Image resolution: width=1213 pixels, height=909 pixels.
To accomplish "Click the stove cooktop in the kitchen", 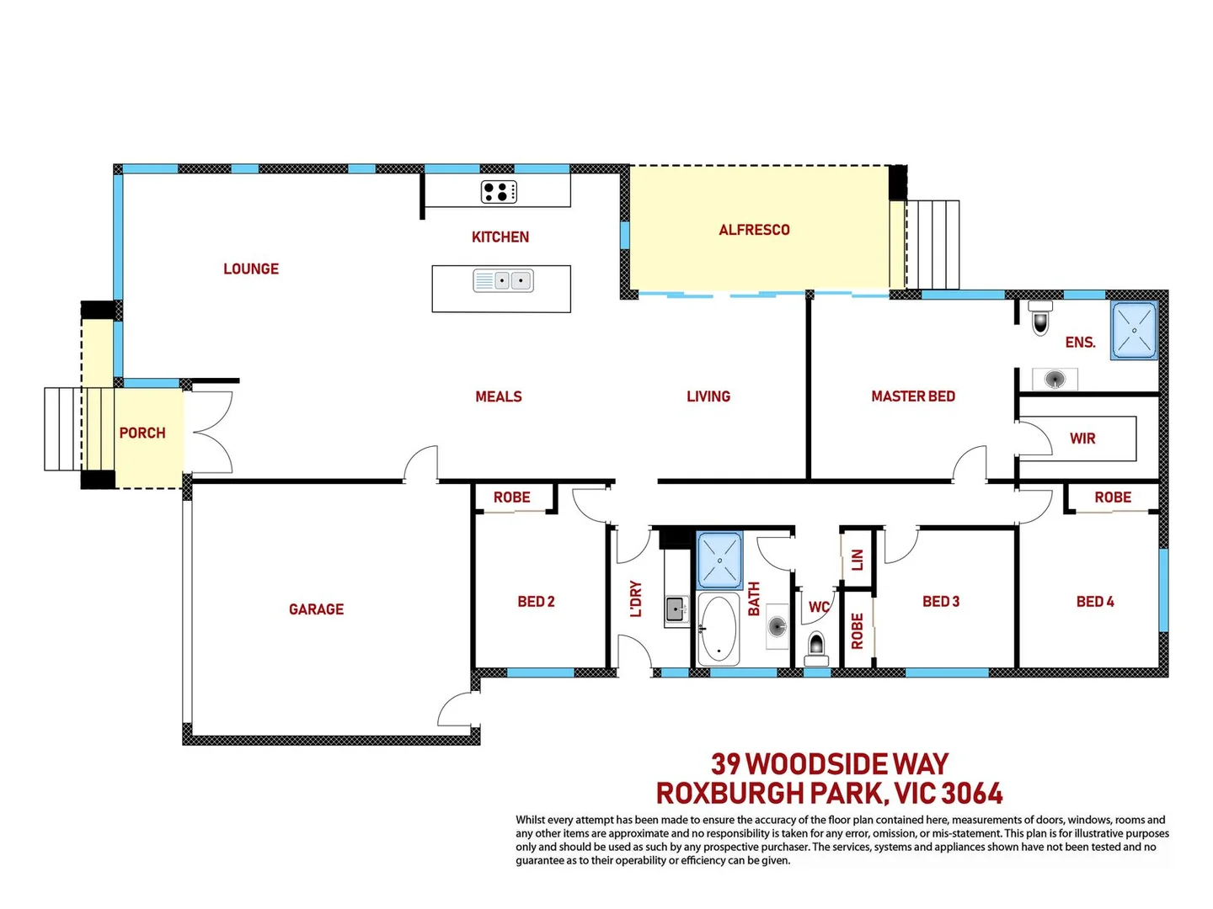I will tap(499, 192).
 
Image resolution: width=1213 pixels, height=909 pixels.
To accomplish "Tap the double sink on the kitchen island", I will tap(503, 280).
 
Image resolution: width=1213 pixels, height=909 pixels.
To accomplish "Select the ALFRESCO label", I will tap(754, 230).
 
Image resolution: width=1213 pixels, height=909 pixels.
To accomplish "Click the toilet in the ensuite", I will tap(1040, 318).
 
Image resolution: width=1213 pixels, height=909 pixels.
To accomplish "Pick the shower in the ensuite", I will tap(1134, 330).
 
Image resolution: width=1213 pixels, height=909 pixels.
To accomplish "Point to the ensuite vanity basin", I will tap(1055, 380).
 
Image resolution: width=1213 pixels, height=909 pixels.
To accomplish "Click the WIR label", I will tap(1082, 439).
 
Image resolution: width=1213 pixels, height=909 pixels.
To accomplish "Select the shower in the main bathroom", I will tap(719, 560).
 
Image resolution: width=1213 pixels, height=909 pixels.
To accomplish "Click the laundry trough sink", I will tap(676, 609).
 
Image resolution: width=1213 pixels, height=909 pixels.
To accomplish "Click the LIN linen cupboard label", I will tap(858, 560).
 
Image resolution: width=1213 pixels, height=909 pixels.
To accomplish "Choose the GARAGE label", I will tap(316, 609).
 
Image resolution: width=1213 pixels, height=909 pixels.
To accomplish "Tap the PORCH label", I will tap(142, 433).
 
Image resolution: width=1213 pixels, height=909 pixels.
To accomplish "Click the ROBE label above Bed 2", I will tap(512, 497).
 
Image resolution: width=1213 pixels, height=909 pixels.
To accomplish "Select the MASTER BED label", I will tap(913, 396).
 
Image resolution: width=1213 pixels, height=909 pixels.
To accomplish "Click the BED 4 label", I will tap(1095, 602).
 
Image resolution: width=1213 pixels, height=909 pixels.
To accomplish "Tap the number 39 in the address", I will tap(725, 764).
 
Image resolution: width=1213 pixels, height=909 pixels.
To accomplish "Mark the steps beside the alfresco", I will tap(933, 245).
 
